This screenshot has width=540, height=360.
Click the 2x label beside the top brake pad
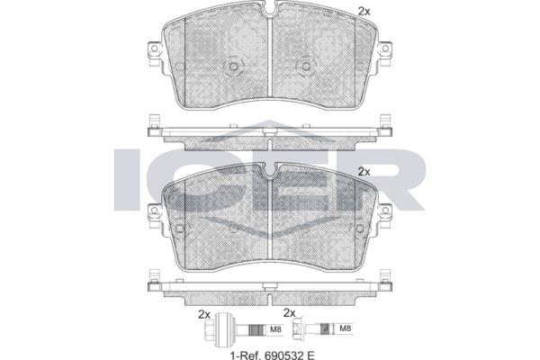(x=364, y=12)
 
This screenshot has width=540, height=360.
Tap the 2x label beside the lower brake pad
(x=364, y=172)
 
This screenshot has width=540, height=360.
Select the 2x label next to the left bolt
(x=204, y=314)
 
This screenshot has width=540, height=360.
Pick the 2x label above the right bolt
(x=289, y=313)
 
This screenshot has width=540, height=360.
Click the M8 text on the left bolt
(x=275, y=329)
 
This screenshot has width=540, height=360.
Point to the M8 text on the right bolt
(x=345, y=328)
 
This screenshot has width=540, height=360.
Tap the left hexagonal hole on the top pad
(x=233, y=66)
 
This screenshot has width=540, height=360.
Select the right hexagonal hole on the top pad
(x=305, y=66)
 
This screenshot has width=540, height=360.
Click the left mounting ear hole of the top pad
(x=154, y=48)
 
